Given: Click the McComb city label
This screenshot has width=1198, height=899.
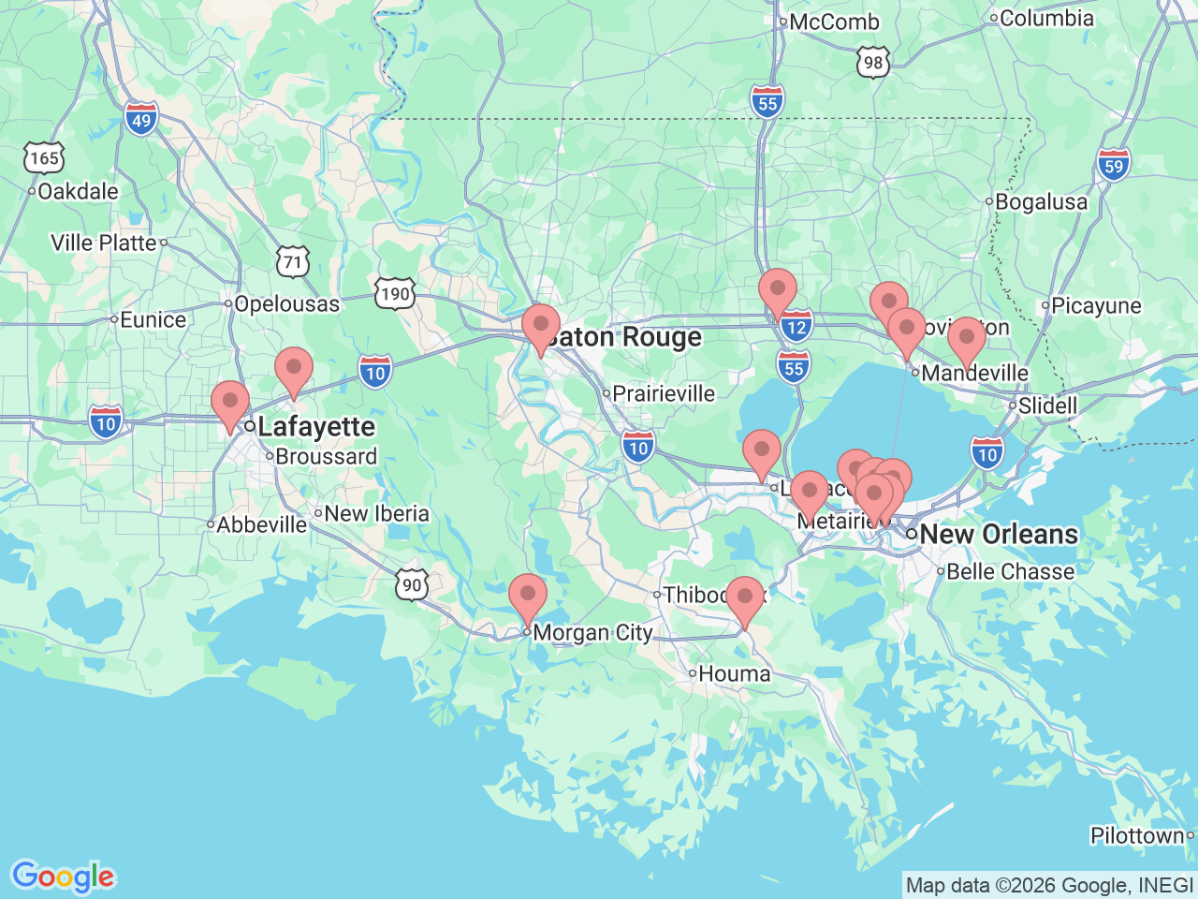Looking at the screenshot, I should [x=834, y=22].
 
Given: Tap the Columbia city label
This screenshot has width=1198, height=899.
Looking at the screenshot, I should [x=1046, y=18].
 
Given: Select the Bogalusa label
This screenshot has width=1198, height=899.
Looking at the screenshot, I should [x=1041, y=201].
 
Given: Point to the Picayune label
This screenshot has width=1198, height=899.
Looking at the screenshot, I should [x=1096, y=305].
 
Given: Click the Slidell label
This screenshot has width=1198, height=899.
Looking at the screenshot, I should [x=1047, y=405].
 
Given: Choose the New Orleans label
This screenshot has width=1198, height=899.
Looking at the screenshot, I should [x=999, y=534].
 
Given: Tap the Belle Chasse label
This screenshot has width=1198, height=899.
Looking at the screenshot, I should [x=1010, y=571].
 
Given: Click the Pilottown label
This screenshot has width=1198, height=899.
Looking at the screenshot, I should [x=1137, y=835].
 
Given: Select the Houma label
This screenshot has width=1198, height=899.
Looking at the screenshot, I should [x=734, y=673].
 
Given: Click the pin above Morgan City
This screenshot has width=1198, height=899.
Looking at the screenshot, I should [x=528, y=595].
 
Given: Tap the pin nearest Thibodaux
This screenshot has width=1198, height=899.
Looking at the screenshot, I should [x=745, y=597].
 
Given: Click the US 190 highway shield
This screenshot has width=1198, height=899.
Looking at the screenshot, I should [x=395, y=294].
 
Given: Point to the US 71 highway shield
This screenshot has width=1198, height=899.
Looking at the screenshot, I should [x=293, y=262].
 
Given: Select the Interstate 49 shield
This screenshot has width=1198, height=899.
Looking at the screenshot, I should [x=140, y=120].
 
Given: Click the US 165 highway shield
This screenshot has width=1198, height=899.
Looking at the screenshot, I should [x=43, y=158].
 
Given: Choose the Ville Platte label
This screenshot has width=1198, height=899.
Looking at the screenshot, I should [x=104, y=243].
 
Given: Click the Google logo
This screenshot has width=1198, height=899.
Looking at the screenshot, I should [x=63, y=877].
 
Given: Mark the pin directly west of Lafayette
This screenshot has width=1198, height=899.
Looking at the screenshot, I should [x=230, y=402].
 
